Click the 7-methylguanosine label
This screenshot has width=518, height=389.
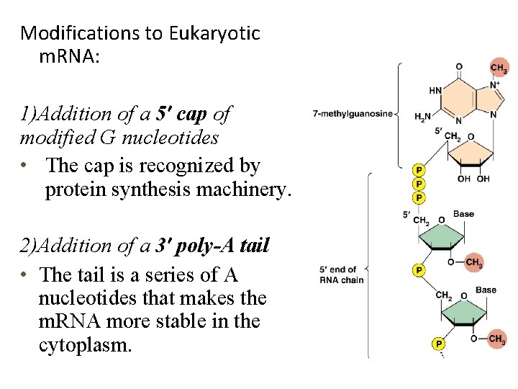pos(352,114)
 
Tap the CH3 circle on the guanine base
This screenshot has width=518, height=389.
pos(499,67)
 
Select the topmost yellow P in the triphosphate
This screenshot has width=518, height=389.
pos(419,171)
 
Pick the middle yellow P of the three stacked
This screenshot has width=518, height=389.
pos(419,184)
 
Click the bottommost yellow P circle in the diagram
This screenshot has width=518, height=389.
pos(437,344)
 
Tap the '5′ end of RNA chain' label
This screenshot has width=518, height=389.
pos(341,274)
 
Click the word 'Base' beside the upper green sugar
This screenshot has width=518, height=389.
pos(463,214)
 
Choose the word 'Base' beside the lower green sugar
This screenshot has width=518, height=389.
pos(486,290)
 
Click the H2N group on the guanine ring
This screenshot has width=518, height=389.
pos(422,117)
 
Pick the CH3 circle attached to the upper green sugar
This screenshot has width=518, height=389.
pos(474,262)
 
